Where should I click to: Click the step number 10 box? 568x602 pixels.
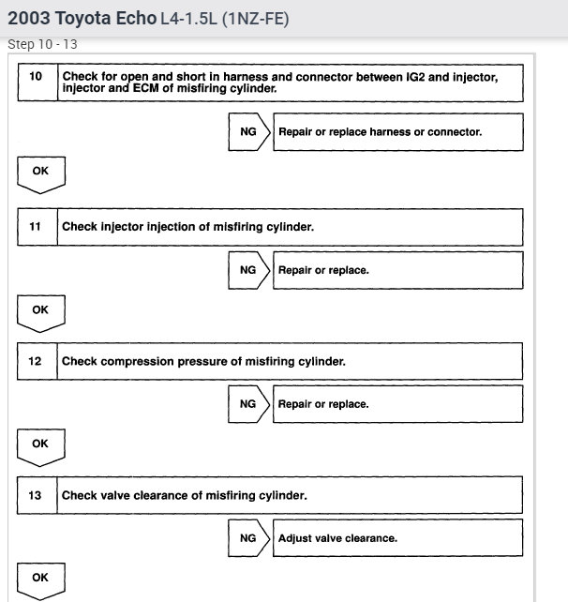(37, 82)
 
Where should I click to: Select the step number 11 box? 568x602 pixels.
(37, 226)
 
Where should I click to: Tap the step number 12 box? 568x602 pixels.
(37, 361)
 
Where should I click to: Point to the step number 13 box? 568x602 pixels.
(37, 495)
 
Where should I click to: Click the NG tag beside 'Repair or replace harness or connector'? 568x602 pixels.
(247, 132)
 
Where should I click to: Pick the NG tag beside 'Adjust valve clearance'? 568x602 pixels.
(247, 538)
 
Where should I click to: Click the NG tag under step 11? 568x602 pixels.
(247, 270)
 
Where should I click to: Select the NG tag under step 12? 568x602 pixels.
(247, 404)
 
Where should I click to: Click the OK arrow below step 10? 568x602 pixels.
(40, 173)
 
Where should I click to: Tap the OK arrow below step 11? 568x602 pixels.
(40, 311)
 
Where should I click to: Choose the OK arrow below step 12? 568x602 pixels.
(40, 445)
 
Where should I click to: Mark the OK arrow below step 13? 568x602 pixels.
(40, 579)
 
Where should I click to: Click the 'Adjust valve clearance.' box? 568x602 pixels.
(396, 538)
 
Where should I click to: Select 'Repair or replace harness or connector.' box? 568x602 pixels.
(396, 132)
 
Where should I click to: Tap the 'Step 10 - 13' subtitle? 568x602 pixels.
(42, 44)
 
